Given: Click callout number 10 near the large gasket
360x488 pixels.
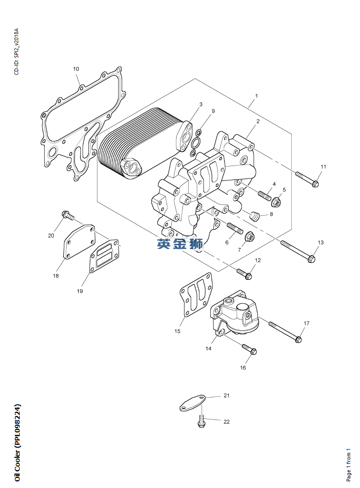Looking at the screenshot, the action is [76, 69].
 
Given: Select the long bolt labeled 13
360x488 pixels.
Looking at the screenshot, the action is [299, 251].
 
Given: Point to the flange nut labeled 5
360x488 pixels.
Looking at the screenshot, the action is [276, 202].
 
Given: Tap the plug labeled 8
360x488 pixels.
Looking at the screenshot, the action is [255, 215].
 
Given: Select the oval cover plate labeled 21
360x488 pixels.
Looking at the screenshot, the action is [192, 403].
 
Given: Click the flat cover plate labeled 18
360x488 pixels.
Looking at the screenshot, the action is [79, 242].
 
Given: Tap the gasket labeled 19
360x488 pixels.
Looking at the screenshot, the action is [104, 256].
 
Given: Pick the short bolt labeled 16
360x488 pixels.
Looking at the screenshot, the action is [249, 349].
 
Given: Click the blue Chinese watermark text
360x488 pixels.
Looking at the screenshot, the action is [180, 244].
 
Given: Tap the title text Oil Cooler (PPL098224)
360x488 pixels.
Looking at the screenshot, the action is [17, 443].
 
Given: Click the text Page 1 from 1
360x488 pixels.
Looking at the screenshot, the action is [348, 465].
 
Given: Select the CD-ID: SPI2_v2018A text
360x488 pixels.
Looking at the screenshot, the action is [16, 52].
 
